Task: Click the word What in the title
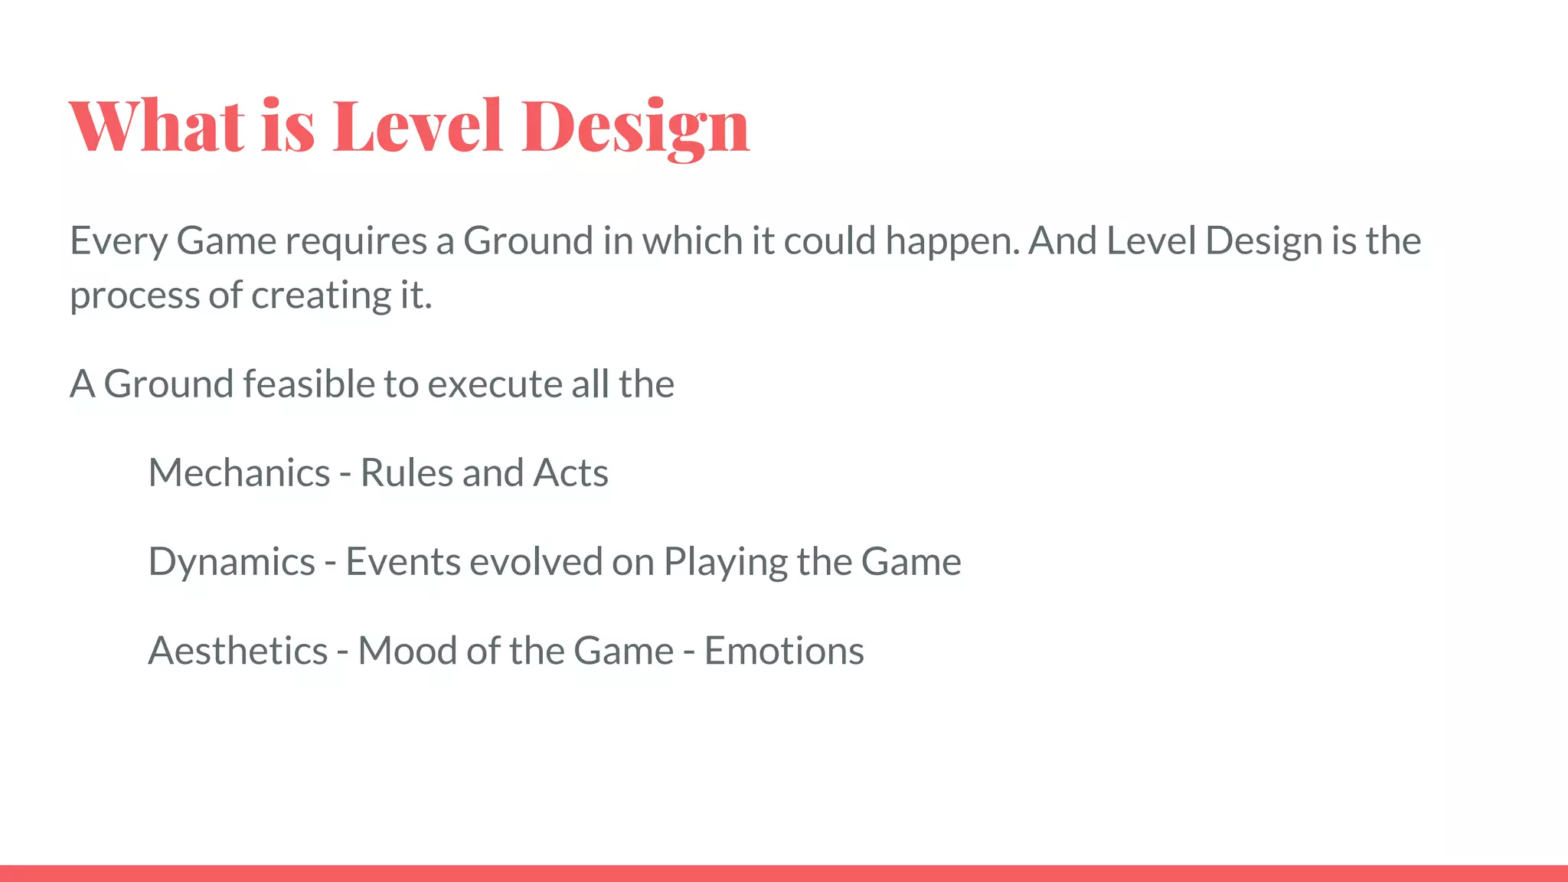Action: [x=158, y=126]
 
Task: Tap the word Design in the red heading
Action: [x=635, y=126]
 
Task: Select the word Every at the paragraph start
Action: [x=118, y=242]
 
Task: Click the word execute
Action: [x=495, y=384]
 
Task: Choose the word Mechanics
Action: [x=239, y=473]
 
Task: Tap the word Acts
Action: [x=570, y=473]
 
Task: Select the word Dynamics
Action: [x=231, y=563]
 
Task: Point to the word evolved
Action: [x=536, y=562]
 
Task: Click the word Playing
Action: [x=725, y=563]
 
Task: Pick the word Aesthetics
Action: [x=237, y=652]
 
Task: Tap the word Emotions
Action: [x=783, y=652]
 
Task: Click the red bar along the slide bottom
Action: [x=784, y=873]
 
